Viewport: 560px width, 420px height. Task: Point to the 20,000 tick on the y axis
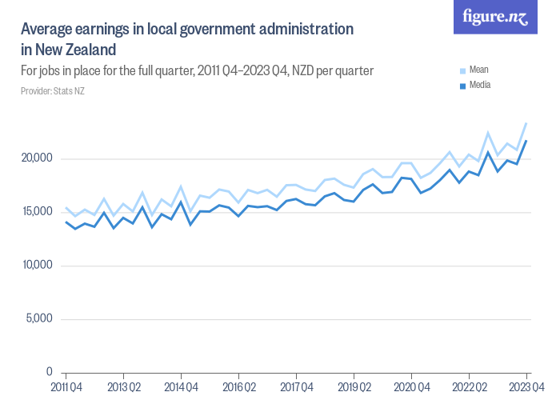coord(37,158)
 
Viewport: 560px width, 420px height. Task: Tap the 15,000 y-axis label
coord(37,212)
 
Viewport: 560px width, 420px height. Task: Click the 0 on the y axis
coord(49,373)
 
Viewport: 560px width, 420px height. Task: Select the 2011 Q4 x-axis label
coord(66,388)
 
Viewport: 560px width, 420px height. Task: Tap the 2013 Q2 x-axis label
coord(123,388)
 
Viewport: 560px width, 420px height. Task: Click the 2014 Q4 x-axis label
coord(181,388)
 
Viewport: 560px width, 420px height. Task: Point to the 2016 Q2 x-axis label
coord(238,388)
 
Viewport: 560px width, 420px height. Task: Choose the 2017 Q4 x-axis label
coord(296,388)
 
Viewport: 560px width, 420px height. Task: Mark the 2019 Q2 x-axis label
coord(354,388)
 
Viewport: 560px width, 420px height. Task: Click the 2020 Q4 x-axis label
coord(411,388)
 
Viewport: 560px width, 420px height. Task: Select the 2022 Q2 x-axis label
coord(469,388)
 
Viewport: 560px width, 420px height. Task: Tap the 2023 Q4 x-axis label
coord(526,388)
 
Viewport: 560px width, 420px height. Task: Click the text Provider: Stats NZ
coord(53,91)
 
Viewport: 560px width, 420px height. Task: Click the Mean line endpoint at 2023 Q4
coord(526,123)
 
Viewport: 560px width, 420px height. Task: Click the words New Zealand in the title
coord(77,50)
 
